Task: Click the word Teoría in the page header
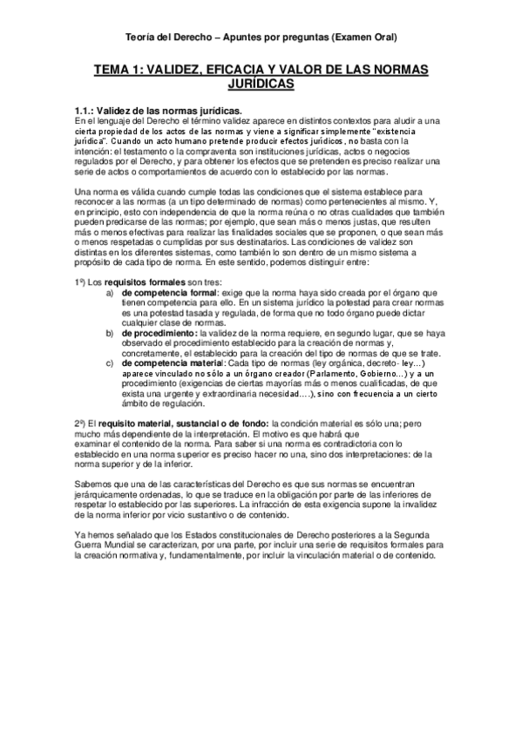[140, 37]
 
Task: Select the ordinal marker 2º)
[81, 423]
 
